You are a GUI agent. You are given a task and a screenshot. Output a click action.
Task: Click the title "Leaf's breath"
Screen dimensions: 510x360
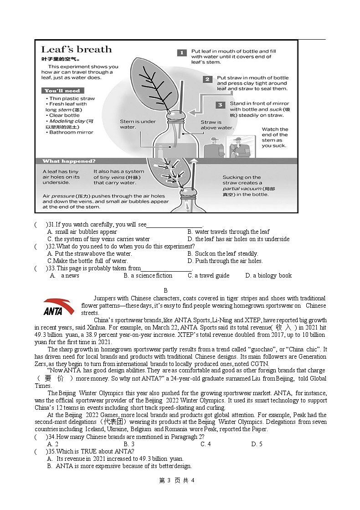[x=76, y=49]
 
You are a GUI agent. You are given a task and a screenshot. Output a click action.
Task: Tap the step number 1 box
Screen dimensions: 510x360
[x=181, y=53]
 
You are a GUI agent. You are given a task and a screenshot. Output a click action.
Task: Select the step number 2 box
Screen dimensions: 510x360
[x=207, y=79]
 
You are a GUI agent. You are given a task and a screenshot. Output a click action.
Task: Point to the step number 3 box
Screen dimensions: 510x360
[x=220, y=105]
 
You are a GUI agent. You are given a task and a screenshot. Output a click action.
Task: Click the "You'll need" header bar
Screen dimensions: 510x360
[x=62, y=91]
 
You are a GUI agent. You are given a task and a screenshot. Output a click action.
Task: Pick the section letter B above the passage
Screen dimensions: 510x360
[x=166, y=290]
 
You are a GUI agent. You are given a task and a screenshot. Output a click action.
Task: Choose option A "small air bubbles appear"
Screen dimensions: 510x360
[x=82, y=232]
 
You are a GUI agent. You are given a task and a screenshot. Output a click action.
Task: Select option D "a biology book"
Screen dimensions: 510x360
[x=268, y=276]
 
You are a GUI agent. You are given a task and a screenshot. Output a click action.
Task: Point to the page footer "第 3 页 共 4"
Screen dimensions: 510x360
[x=177, y=480]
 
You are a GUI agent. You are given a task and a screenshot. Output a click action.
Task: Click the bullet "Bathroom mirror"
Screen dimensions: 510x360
[x=71, y=133]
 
